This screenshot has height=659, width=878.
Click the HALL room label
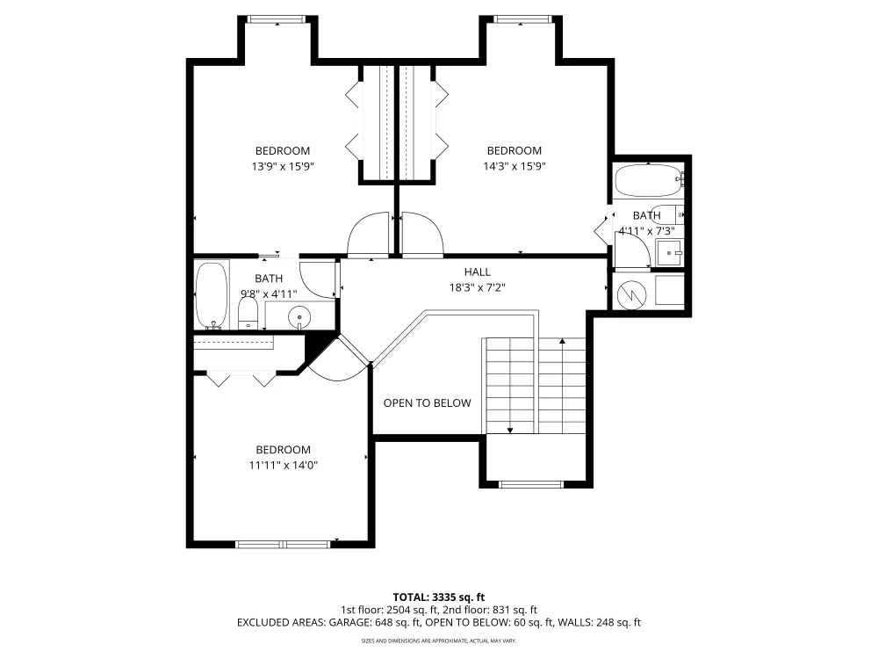coord(477,272)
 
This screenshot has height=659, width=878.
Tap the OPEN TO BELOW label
coord(428,403)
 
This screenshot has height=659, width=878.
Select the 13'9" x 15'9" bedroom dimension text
coord(283,166)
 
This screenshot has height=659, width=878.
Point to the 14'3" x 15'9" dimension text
coord(515,166)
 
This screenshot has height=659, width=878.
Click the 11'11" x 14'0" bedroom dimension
coord(284,465)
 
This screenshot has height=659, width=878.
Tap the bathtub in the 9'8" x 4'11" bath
coord(212,295)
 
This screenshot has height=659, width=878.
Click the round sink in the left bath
coord(299,318)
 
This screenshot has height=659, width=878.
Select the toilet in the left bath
coord(248,314)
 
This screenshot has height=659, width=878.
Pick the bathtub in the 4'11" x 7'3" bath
coord(649,180)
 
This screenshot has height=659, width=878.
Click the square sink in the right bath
coord(670,253)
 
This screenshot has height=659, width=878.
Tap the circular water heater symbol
coord(631,294)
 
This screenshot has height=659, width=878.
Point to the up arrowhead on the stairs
coord(563,341)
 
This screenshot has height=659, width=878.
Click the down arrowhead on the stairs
coord(510,431)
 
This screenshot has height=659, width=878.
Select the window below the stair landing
coord(531,484)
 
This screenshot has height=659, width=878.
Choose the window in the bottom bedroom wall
coord(284,544)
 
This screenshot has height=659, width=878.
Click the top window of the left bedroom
coord(277,19)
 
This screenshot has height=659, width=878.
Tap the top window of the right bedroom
coord(522,19)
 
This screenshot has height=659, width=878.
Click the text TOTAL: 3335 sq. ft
coord(439,597)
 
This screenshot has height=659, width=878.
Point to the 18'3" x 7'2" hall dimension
coord(478,287)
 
